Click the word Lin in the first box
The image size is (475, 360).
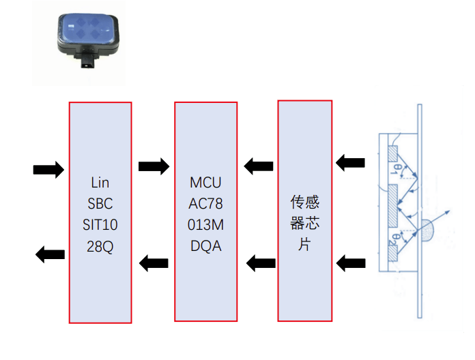click(100, 183)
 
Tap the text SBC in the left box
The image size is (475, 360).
click(100, 204)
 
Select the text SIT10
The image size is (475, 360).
click(100, 225)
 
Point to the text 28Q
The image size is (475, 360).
click(100, 246)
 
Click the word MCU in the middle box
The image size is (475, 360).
click(205, 183)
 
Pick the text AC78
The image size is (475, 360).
click(205, 204)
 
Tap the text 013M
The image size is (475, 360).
click(205, 225)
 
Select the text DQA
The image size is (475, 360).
click(205, 246)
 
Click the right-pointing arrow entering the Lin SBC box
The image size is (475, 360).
click(48, 168)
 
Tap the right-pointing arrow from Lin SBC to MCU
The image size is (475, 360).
click(154, 166)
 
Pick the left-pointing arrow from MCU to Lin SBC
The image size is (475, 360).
click(154, 261)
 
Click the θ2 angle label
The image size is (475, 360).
click(394, 240)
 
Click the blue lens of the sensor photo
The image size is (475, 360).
click(90, 29)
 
